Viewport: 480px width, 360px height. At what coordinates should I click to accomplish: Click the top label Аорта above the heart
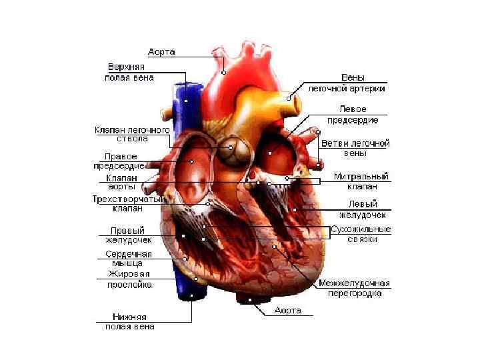pyautogui.click(x=162, y=51)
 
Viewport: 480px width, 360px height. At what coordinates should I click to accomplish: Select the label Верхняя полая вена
pyautogui.click(x=130, y=72)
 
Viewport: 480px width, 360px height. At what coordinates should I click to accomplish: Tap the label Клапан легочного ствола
pyautogui.click(x=132, y=133)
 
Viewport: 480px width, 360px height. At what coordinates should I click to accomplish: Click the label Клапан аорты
pyautogui.click(x=121, y=183)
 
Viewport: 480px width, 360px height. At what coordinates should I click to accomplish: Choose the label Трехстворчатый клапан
pyautogui.click(x=127, y=203)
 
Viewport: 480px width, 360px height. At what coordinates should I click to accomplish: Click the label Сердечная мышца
pyautogui.click(x=129, y=258)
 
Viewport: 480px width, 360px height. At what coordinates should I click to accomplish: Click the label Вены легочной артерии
pyautogui.click(x=345, y=83)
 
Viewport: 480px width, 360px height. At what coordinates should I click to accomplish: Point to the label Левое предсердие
pyautogui.click(x=353, y=114)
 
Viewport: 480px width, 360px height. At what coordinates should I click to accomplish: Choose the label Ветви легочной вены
pyautogui.click(x=355, y=147)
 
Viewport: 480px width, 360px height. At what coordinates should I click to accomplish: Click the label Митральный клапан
pyautogui.click(x=361, y=181)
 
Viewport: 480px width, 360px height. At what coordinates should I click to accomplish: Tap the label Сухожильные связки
pyautogui.click(x=361, y=234)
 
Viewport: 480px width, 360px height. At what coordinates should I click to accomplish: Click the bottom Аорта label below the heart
pyautogui.click(x=288, y=311)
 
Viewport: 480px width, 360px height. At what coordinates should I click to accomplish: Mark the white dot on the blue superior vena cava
pyautogui.click(x=186, y=101)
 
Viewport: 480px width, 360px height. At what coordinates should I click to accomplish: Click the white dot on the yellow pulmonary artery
pyautogui.click(x=289, y=98)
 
